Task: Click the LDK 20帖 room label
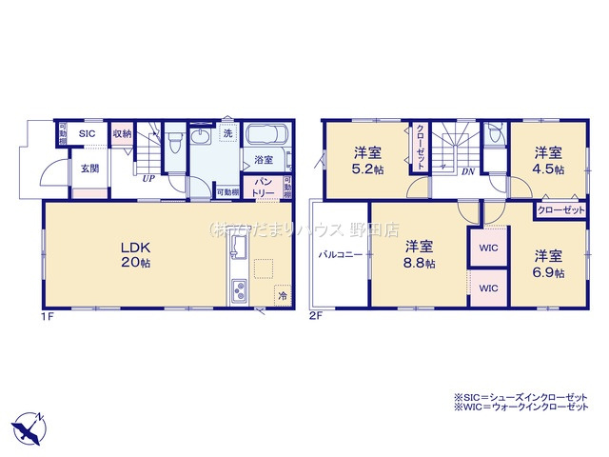(x=136, y=254)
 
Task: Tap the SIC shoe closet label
(x=88, y=134)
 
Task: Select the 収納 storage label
(x=121, y=134)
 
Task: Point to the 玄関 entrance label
(x=88, y=169)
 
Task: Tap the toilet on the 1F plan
(x=174, y=144)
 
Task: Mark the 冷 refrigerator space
(x=282, y=295)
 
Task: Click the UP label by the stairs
(x=148, y=177)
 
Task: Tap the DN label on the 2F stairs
(x=468, y=172)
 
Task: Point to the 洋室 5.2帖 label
(x=367, y=160)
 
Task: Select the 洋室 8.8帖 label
(x=418, y=254)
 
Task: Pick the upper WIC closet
(x=488, y=248)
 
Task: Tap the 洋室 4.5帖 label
(x=546, y=160)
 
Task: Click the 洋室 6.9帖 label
(x=546, y=264)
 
